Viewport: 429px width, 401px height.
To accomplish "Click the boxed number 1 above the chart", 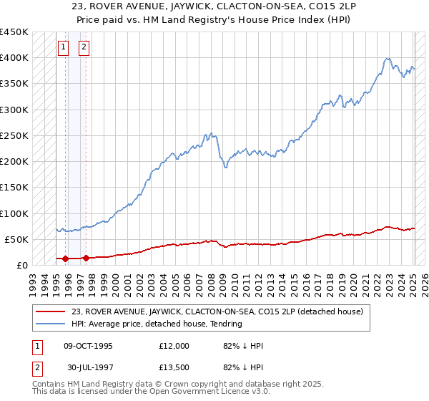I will click(x=63, y=48).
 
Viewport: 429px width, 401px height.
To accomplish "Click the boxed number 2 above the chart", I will click(x=84, y=48).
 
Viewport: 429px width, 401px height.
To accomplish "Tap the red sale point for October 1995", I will click(x=65, y=258).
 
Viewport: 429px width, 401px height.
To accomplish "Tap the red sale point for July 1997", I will click(x=86, y=257).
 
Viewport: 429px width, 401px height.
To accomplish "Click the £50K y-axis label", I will click(x=17, y=239).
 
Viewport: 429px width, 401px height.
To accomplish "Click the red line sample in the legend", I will click(x=51, y=311).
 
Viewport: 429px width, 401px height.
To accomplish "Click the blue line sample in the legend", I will click(x=51, y=324).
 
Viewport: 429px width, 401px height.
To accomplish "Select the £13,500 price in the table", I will click(x=174, y=369).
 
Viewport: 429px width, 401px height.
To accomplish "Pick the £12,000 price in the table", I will click(x=174, y=346).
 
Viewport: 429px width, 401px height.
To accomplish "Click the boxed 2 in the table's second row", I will click(x=36, y=369).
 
